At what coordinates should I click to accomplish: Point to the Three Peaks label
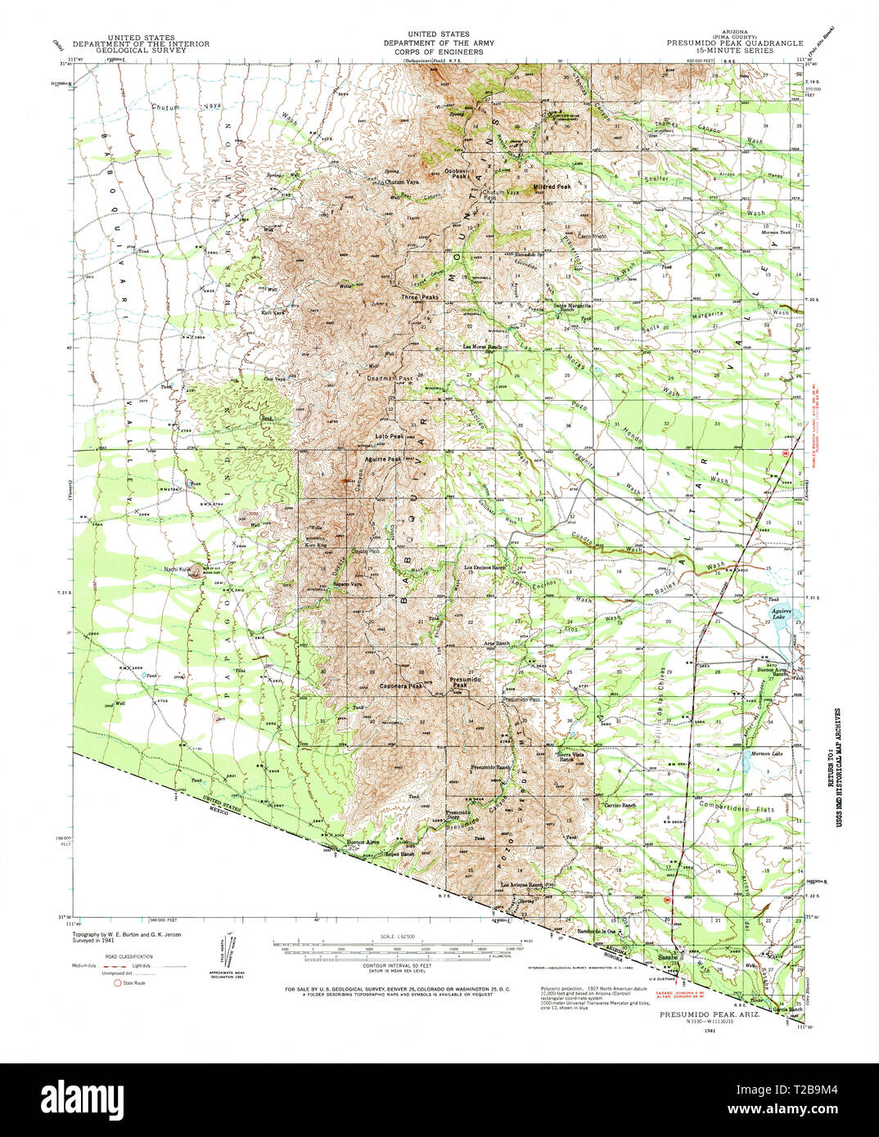pos(420,297)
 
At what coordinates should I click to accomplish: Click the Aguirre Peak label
pos(383,460)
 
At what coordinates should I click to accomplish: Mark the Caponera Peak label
pos(401,685)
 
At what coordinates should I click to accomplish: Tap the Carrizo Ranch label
pos(620,806)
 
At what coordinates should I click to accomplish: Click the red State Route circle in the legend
pos(117,982)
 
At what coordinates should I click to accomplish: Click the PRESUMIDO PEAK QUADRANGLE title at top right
pos(734,43)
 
